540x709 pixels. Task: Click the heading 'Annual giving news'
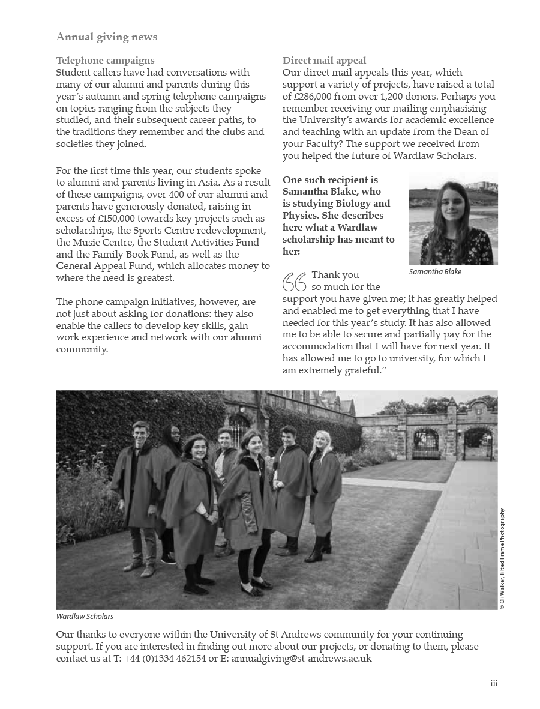click(107, 37)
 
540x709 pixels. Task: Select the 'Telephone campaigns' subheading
click(105, 61)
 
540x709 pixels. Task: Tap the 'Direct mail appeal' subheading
click(324, 61)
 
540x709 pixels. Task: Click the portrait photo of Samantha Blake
click(453, 219)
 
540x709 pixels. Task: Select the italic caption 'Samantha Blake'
click(435, 272)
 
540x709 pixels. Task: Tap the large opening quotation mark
click(295, 282)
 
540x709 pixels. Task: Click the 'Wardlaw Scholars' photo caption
click(85, 617)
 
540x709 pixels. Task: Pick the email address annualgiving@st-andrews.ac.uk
click(301, 659)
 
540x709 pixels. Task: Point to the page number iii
click(494, 684)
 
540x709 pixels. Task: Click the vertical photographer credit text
click(502, 559)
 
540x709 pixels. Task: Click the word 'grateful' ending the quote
click(361, 370)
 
